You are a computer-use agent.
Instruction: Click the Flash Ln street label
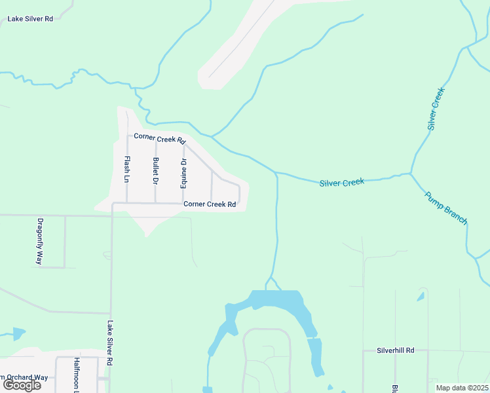click(x=127, y=169)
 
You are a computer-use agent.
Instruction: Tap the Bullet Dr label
click(x=155, y=170)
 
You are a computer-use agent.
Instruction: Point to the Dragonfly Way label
click(x=40, y=240)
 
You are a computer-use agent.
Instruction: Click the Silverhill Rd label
click(x=396, y=350)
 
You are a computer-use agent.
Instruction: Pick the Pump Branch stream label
click(x=445, y=208)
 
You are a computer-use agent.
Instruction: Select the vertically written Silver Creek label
click(x=436, y=108)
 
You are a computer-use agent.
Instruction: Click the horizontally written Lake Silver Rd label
click(x=30, y=19)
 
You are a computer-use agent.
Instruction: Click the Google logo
click(x=22, y=385)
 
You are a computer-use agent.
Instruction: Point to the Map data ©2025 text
click(x=461, y=388)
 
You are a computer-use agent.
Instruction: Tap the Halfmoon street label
click(x=76, y=375)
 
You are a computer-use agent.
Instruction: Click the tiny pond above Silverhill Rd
click(x=420, y=297)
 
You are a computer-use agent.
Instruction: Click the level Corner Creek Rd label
click(x=209, y=204)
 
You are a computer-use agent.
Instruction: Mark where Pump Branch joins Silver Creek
click(x=411, y=174)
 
